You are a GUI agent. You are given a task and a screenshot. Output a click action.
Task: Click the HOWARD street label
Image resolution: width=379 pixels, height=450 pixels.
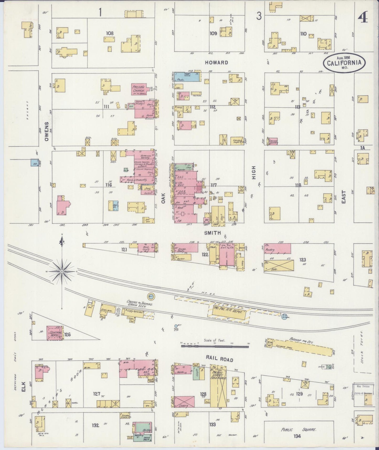coord(216,62)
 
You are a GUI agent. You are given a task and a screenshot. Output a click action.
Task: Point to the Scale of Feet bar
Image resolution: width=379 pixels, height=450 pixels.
coord(215,346)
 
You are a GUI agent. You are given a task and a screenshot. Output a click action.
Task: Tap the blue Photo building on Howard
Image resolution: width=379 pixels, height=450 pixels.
coord(187,77)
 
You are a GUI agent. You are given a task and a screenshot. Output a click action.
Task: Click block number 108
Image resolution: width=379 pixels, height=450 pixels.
coord(110,33)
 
